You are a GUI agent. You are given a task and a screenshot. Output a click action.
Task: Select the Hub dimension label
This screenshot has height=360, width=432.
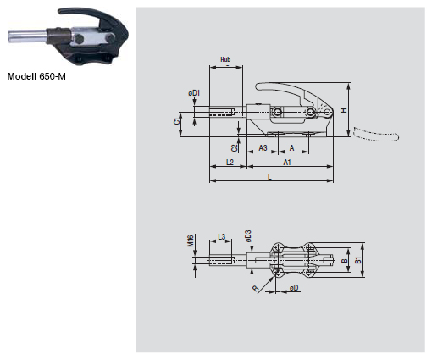click(225, 60)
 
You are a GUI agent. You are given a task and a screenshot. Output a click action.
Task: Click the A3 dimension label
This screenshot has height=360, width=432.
click(263, 147)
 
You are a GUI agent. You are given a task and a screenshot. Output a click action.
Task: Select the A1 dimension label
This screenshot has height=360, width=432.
click(288, 161)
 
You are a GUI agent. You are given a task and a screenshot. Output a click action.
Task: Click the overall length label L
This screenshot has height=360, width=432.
click(269, 176)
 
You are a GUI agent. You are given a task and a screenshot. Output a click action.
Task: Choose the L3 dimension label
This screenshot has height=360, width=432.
click(220, 236)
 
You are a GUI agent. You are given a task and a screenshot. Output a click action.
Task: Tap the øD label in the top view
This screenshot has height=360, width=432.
click(293, 288)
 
